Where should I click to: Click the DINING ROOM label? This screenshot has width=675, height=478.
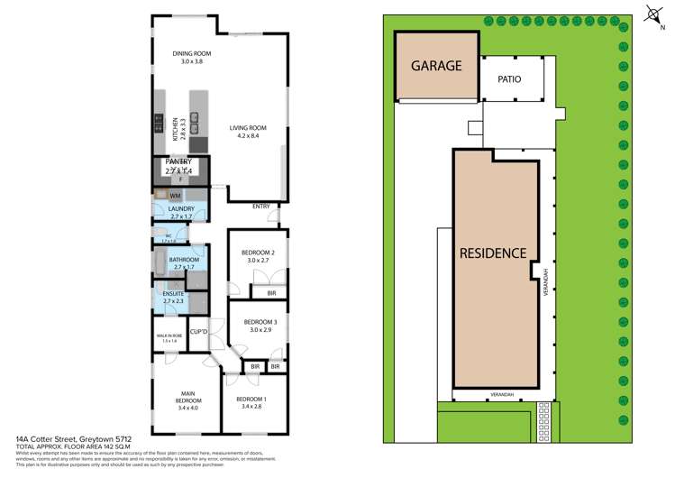click(191, 54)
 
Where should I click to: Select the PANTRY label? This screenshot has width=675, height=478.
click(178, 161)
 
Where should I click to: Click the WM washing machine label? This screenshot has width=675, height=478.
click(175, 195)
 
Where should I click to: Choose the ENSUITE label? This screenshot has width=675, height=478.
click(174, 293)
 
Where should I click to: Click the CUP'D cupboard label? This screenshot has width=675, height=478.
click(200, 331)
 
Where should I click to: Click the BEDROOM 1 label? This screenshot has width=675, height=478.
click(251, 399)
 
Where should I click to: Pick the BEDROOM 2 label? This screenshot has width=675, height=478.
click(260, 253)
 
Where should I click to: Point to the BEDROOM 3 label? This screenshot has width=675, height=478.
click(260, 322)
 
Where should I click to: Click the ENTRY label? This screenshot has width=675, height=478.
click(260, 207)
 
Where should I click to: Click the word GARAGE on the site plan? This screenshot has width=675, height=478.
click(437, 66)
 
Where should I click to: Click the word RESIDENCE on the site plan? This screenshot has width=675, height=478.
click(493, 253)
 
